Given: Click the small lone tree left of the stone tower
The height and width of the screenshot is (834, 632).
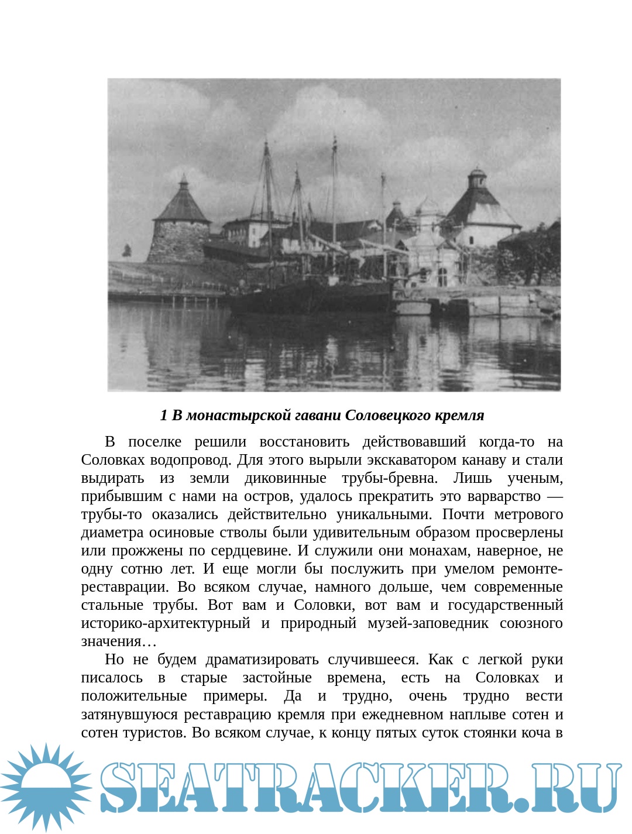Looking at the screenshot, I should (127, 251).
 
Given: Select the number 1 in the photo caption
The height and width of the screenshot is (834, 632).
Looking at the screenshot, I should (164, 415).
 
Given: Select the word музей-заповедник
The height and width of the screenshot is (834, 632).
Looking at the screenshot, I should (428, 623).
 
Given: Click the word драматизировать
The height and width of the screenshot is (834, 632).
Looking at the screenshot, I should (262, 659).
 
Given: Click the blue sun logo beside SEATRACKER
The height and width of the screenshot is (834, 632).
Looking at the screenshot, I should (46, 787).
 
